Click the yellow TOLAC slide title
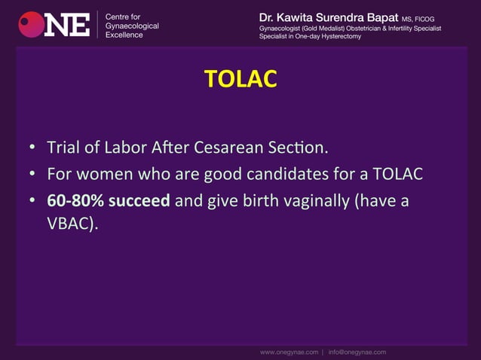pyautogui.click(x=240, y=79)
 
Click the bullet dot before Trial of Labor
pyautogui.click(x=33, y=146)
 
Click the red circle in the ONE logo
pyautogui.click(x=31, y=25)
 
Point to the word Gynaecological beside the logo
pyautogui.click(x=133, y=26)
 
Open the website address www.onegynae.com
pyautogui.click(x=289, y=352)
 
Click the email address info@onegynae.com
pyautogui.click(x=357, y=352)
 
